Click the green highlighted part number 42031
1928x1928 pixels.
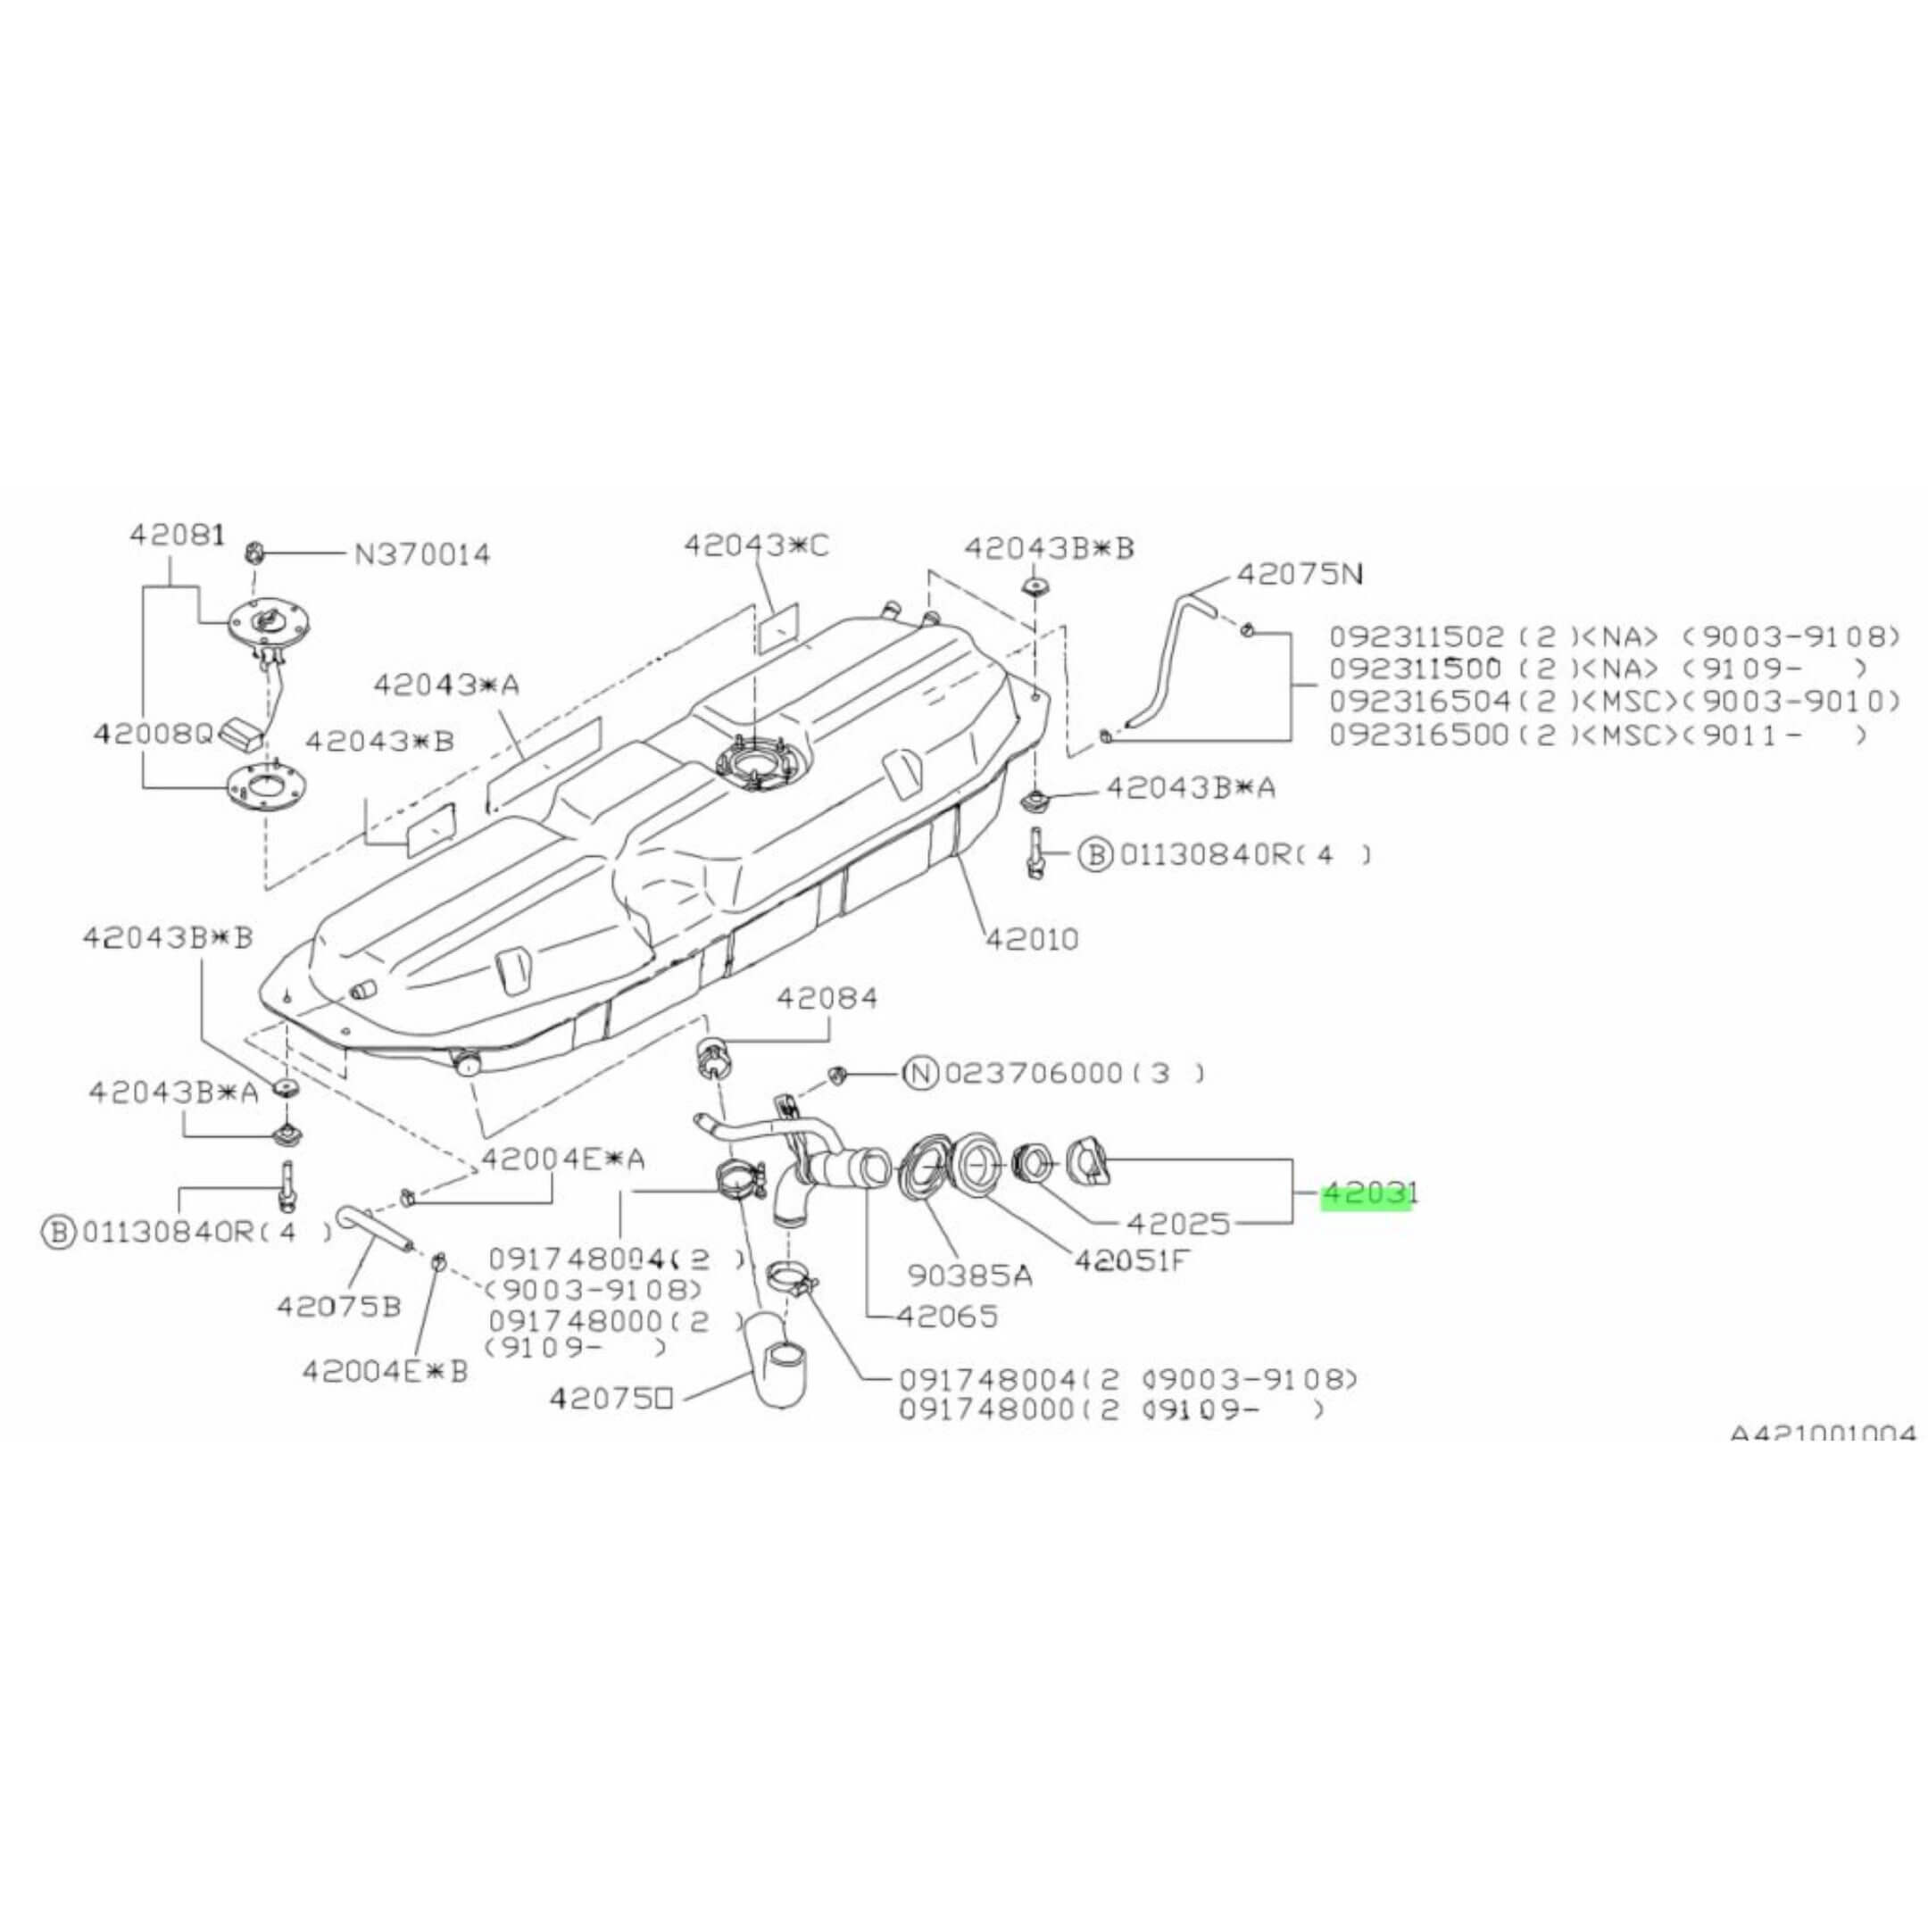tap(1367, 1194)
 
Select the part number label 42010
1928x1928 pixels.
tap(1031, 939)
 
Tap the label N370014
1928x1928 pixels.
tap(423, 555)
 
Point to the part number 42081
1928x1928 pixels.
tap(177, 535)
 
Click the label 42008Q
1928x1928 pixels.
tap(154, 735)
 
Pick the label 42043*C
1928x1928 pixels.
tap(755, 546)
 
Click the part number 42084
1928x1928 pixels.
tap(827, 998)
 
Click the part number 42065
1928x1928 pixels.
tap(947, 1317)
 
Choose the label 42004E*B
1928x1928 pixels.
tap(384, 1371)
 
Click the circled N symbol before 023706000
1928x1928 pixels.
tap(920, 1074)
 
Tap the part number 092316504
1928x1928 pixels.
tap(1419, 702)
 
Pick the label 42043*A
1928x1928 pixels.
tap(446, 685)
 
